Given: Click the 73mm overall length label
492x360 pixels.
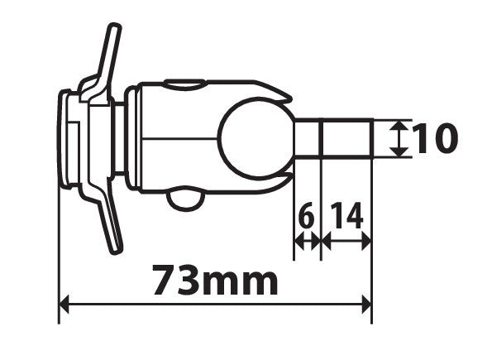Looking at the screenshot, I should pyautogui.click(x=215, y=281).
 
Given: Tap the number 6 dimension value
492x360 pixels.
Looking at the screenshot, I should pyautogui.click(x=307, y=217).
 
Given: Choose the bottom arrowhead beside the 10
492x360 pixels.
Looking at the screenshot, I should pyautogui.click(x=399, y=151).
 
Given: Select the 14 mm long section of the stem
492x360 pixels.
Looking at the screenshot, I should pyautogui.click(x=346, y=138).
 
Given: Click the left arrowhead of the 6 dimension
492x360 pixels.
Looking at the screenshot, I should pyautogui.click(x=299, y=242).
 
